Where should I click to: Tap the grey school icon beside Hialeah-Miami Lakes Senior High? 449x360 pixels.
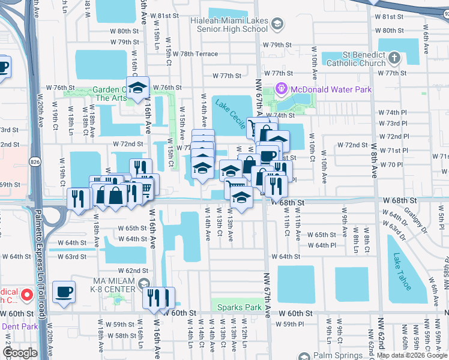tap(277, 24)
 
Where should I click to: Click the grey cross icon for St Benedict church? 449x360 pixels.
tap(394, 58)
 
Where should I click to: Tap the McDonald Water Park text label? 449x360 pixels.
tap(331, 90)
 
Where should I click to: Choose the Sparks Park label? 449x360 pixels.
tap(240, 307)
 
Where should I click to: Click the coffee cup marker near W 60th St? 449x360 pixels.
tap(64, 292)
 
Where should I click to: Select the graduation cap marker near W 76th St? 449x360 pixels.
tap(137, 88)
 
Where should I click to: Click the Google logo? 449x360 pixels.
tap(19, 353)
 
